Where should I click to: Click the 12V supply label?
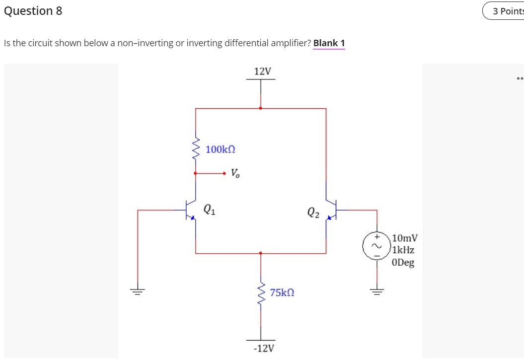(262, 72)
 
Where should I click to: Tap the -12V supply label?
(263, 348)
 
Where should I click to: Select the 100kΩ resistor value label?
(220, 149)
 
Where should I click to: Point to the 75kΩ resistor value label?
(282, 293)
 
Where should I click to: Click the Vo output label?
(235, 174)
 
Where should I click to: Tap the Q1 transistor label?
(210, 209)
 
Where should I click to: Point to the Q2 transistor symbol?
(331, 210)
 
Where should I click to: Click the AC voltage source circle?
(376, 246)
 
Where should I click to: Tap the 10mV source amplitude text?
(404, 238)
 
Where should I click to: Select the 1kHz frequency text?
(403, 250)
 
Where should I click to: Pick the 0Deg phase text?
(403, 263)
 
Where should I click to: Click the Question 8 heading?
(33, 11)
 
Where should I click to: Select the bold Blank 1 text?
(329, 43)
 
